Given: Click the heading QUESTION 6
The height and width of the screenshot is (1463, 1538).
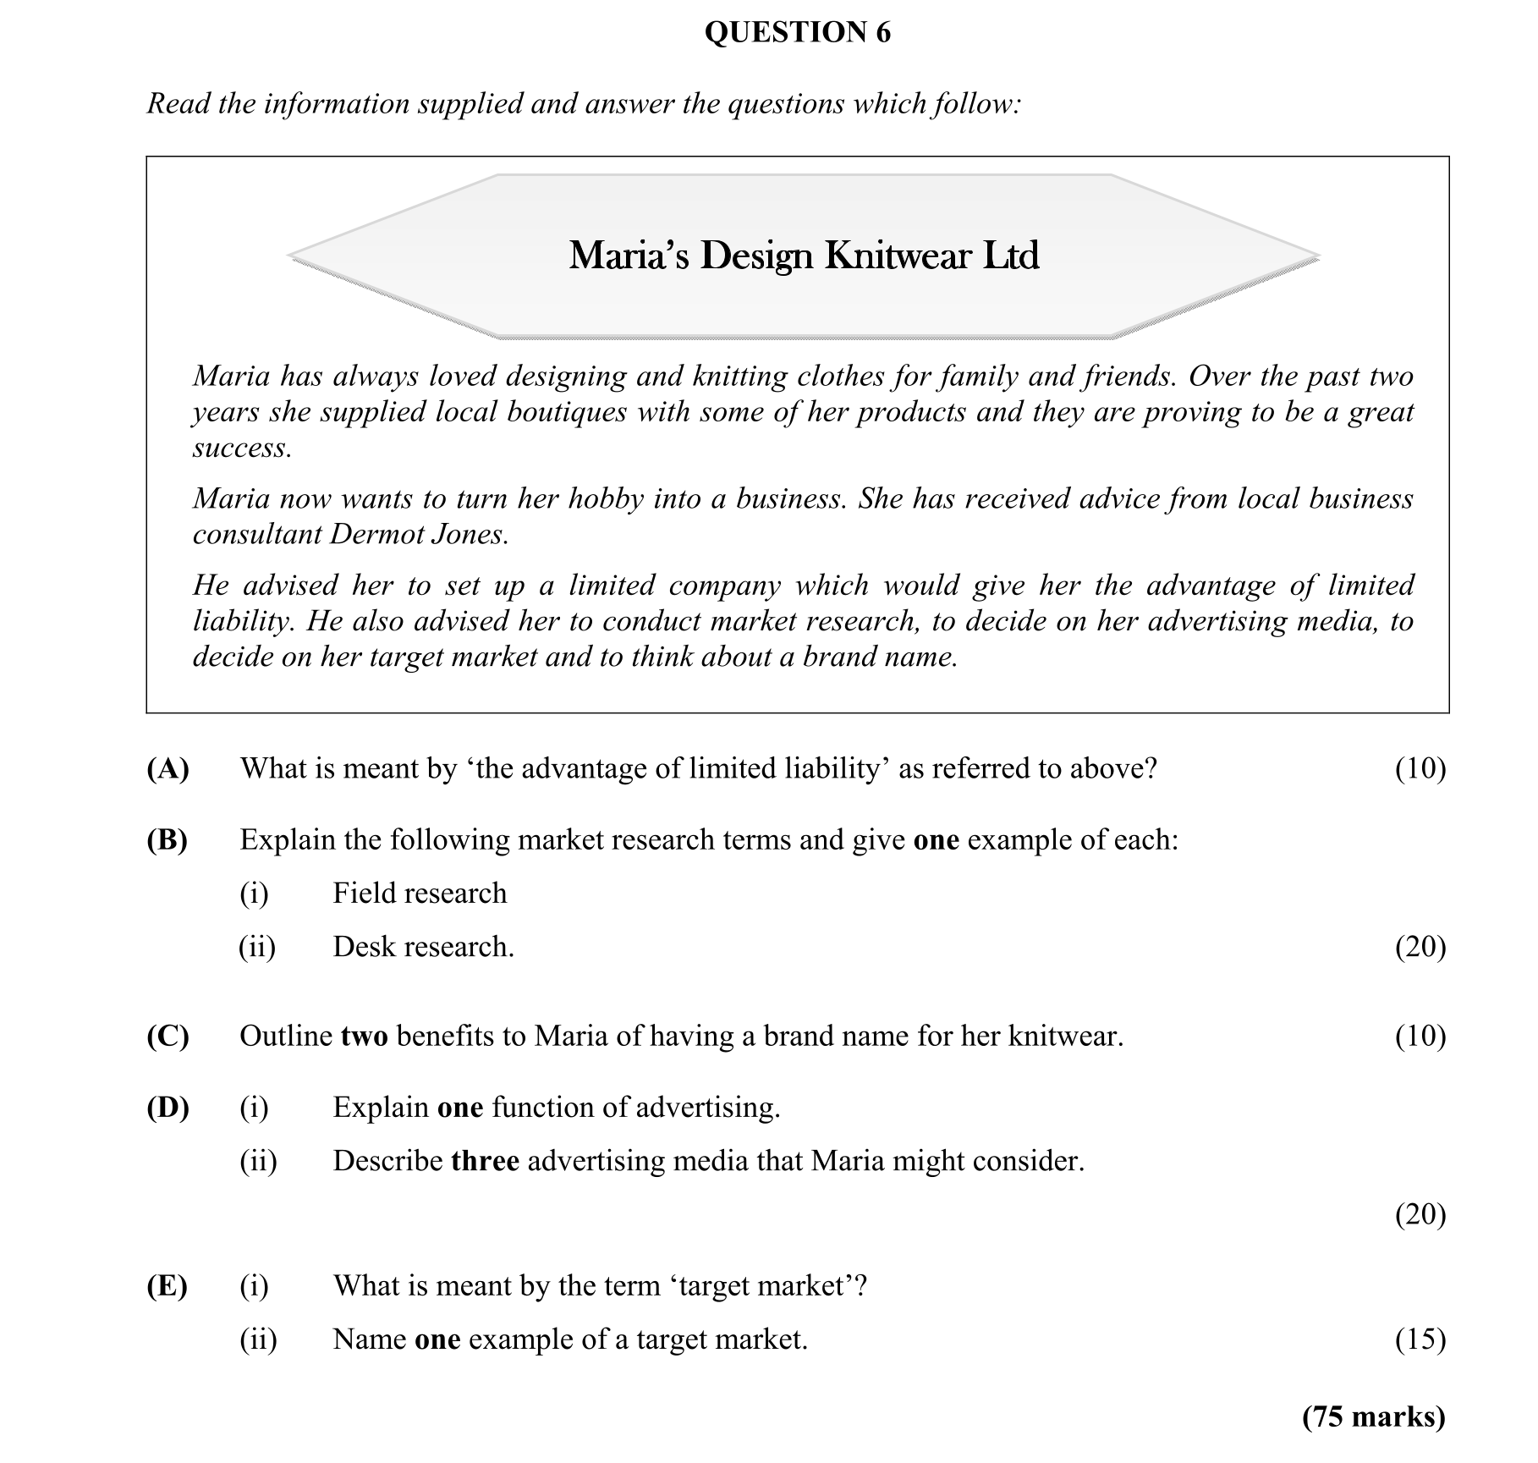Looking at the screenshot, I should [x=797, y=32].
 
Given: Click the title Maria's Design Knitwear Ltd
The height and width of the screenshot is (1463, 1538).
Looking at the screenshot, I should [x=804, y=256].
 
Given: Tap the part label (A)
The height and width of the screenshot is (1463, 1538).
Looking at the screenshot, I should [x=168, y=768].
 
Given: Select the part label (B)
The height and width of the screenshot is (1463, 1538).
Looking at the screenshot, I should [x=168, y=839].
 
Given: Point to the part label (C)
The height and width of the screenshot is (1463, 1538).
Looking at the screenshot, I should [x=168, y=1036].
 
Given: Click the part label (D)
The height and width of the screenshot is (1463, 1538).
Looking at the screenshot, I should [x=168, y=1107].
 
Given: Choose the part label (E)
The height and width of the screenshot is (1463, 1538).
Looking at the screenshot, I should [x=168, y=1285].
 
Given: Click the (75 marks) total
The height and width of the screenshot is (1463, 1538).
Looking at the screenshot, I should [x=1374, y=1416].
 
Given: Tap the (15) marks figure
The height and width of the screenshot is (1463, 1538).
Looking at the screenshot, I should [x=1420, y=1339].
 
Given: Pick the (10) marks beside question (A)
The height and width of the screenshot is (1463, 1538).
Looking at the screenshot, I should [x=1420, y=768].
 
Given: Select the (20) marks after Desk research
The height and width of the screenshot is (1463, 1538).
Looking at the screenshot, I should [x=1420, y=946].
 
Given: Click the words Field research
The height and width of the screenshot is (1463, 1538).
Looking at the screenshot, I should [x=420, y=893].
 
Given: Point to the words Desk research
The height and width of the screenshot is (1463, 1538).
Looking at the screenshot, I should [x=423, y=946].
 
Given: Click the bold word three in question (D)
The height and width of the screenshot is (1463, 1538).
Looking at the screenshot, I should [x=485, y=1160].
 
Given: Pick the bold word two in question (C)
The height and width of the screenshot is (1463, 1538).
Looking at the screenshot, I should [x=364, y=1036].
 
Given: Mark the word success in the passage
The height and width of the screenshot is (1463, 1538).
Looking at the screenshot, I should [x=241, y=448].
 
